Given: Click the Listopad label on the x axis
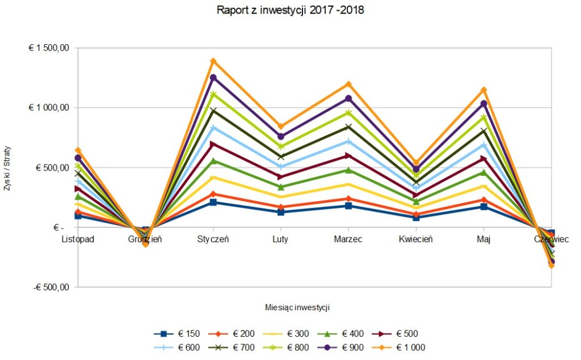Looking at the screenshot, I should click(x=78, y=239).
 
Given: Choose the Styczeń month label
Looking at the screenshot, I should click(x=213, y=239).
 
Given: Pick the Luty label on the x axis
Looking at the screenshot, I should click(x=280, y=239).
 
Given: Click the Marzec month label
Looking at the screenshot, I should click(x=348, y=239).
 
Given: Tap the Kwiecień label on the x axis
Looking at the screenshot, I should click(x=416, y=239).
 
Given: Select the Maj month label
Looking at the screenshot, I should click(x=483, y=239).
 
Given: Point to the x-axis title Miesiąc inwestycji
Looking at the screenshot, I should click(x=297, y=307).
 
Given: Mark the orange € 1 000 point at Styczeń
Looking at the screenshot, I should click(x=213, y=61).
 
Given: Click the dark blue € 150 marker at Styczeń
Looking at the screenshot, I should click(x=213, y=202).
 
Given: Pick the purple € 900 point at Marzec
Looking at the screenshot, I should click(x=348, y=99).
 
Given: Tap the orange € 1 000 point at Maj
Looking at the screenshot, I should click(x=484, y=90).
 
